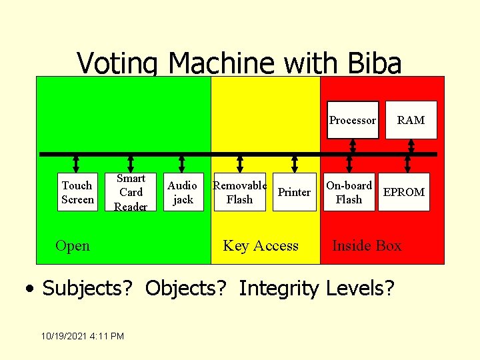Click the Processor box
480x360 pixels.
tap(353, 120)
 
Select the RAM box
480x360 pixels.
tap(411, 120)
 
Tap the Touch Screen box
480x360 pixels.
tap(77, 192)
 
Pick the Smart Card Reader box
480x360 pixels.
tap(131, 192)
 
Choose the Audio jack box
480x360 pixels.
tap(182, 192)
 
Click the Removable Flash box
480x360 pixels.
tap(240, 192)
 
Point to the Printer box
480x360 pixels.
tap(294, 192)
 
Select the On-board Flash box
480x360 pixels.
tap(349, 192)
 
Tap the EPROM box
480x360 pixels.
tap(403, 192)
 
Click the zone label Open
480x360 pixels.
tap(73, 246)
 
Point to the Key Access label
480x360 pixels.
tap(261, 246)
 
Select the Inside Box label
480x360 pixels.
tap(367, 246)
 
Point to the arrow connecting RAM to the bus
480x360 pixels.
tap(411, 145)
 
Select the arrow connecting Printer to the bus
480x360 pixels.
tap(294, 164)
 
